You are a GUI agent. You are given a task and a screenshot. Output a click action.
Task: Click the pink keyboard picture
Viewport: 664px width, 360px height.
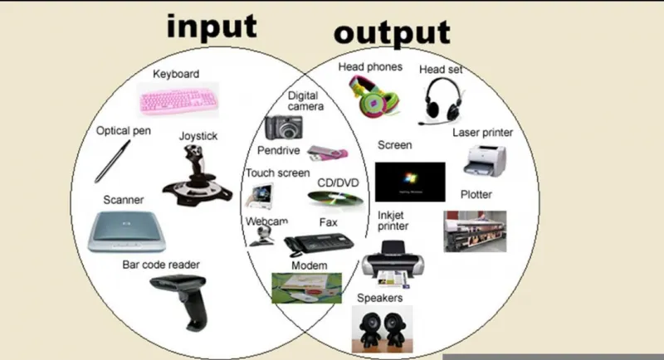[x=178, y=100]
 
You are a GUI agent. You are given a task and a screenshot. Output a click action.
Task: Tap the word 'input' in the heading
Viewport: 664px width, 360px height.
[x=212, y=27]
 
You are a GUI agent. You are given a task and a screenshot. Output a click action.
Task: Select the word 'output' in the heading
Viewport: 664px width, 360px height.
[x=392, y=33]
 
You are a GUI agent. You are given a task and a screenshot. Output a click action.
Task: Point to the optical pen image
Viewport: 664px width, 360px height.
[x=112, y=162]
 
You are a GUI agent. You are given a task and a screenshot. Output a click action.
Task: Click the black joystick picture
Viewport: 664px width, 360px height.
[x=197, y=175]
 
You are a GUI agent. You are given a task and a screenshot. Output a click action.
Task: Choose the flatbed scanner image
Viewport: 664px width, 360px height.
[x=127, y=231]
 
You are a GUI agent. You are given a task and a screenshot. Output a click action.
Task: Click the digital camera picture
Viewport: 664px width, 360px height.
[x=284, y=128]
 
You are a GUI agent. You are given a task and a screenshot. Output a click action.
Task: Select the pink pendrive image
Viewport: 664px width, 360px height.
[x=327, y=153]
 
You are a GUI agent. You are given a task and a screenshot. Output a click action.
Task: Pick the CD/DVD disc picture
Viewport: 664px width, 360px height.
[x=335, y=199]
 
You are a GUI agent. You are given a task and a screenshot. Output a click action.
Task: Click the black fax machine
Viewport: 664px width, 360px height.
[x=318, y=244]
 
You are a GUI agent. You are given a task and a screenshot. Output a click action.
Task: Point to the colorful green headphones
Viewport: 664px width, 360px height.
[x=374, y=96]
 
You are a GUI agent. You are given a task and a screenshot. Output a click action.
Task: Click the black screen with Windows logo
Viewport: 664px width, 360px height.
[x=410, y=182]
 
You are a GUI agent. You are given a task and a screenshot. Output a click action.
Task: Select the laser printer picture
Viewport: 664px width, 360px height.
[x=486, y=161]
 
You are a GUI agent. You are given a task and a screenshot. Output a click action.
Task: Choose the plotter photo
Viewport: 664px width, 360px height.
[x=475, y=231]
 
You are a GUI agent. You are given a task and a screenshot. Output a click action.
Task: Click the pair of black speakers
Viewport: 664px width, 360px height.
[x=383, y=328]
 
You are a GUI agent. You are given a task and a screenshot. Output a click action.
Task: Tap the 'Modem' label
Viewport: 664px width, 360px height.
[x=310, y=265]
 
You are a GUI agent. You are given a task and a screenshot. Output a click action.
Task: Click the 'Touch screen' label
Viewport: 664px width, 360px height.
[x=278, y=173]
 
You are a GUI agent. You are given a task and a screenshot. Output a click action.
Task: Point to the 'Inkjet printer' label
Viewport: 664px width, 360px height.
[x=393, y=221]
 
